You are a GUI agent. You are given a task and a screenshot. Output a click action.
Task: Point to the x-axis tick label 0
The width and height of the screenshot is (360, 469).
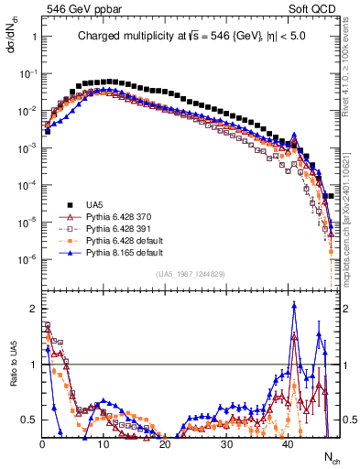pyautogui.click(x=42, y=444)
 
